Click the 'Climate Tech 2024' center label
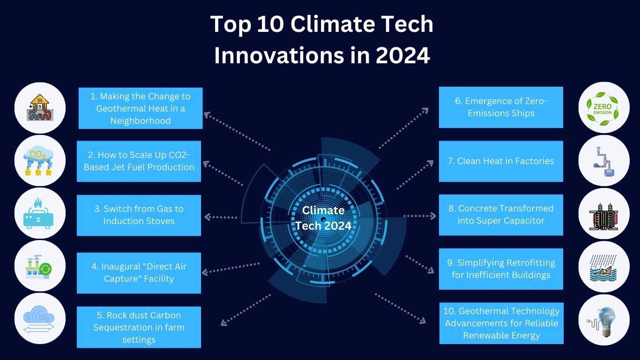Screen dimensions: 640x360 [x=323, y=218]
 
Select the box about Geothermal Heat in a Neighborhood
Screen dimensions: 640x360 [x=141, y=108]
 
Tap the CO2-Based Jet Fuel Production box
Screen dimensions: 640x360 [x=139, y=161]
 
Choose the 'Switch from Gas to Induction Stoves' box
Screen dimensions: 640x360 [x=139, y=215]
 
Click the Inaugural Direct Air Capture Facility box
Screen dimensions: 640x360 [x=139, y=273]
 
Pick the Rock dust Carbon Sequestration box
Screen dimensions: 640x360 [x=139, y=327]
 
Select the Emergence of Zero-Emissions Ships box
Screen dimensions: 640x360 [x=501, y=107]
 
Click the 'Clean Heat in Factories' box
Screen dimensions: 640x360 [x=501, y=161]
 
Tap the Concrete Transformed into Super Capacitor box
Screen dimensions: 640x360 [x=501, y=215]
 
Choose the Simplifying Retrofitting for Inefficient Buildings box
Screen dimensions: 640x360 [x=501, y=269]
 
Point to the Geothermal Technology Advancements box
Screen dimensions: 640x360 [x=501, y=323]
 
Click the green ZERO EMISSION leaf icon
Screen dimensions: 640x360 [x=603, y=109]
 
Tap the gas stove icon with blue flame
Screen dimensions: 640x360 [x=38, y=213]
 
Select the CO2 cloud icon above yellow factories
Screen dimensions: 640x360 [x=38, y=161]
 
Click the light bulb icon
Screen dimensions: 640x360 [x=604, y=322]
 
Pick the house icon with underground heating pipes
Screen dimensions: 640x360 [x=40, y=107]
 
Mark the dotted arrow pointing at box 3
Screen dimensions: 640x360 [x=221, y=217]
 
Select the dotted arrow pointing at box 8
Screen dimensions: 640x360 [x=420, y=216]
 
